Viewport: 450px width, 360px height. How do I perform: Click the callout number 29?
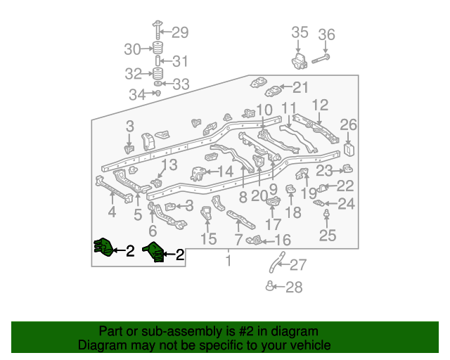(180, 32)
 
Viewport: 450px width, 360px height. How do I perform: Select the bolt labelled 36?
(321, 59)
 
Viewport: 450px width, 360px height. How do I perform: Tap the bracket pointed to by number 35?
(300, 61)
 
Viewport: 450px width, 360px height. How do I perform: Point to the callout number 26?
(349, 125)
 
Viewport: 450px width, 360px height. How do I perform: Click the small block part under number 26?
(349, 149)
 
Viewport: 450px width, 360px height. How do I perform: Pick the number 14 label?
(226, 172)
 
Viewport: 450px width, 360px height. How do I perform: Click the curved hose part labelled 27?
(277, 262)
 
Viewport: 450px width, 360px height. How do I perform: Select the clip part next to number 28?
(269, 286)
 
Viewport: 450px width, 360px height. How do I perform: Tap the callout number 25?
(328, 236)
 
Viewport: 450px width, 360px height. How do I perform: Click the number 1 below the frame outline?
(228, 260)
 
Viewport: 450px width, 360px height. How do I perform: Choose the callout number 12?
(320, 105)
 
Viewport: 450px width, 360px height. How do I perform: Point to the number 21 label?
(300, 87)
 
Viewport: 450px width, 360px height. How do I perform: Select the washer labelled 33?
(157, 84)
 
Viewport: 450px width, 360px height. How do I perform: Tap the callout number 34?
(137, 95)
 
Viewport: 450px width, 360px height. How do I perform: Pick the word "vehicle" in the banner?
(312, 345)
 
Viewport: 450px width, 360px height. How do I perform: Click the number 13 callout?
(169, 165)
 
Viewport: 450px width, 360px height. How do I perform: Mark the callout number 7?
(238, 240)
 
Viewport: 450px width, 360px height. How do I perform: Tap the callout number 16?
(283, 240)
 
